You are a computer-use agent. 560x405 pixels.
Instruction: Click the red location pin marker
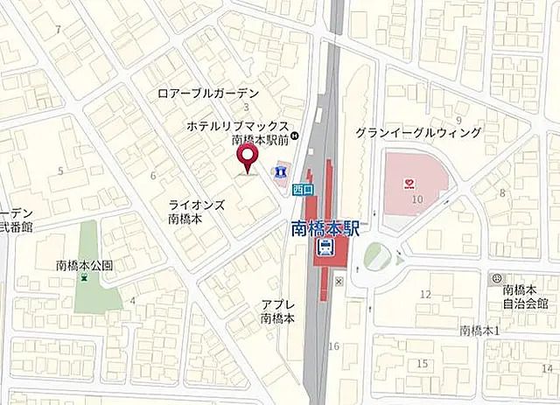(248, 158)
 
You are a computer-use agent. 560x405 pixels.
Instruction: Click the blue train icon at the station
(325, 248)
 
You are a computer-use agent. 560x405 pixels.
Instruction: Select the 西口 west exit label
(302, 186)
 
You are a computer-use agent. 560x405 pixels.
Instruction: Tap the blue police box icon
(280, 171)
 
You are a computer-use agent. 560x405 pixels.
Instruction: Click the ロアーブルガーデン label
(208, 93)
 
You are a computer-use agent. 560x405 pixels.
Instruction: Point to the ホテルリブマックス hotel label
(236, 127)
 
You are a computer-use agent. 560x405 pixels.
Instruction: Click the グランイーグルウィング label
(417, 133)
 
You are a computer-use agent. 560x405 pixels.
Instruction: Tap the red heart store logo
(409, 183)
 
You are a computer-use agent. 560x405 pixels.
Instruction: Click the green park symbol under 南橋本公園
(84, 278)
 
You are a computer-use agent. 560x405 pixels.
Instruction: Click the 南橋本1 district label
(479, 330)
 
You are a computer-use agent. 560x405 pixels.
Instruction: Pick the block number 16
(333, 347)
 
